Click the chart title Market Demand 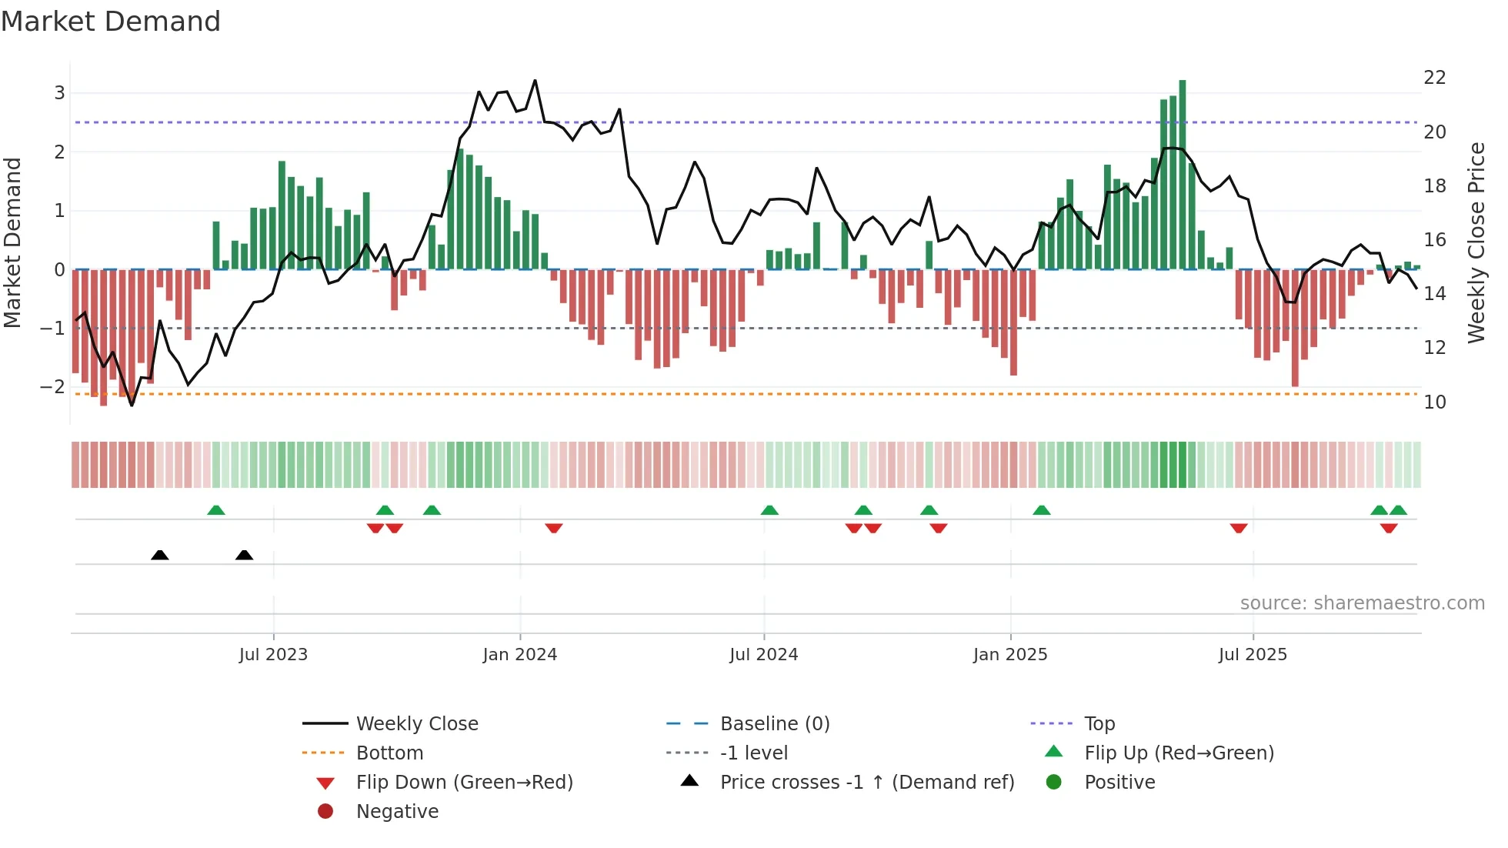click(111, 22)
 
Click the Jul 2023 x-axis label click(273, 655)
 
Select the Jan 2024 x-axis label click(519, 655)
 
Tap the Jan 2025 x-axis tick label click(1009, 655)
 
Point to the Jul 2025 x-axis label click(1253, 655)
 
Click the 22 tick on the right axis click(1434, 78)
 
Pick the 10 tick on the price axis click(1434, 402)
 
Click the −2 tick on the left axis click(52, 387)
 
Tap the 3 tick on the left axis click(59, 93)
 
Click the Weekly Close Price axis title click(1476, 242)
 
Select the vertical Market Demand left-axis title click(13, 242)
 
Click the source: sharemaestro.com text click(1362, 603)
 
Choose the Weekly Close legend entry click(416, 724)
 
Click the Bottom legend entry click(389, 753)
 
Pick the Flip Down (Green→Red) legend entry click(464, 783)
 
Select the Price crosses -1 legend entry click(866, 783)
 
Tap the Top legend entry click(1099, 724)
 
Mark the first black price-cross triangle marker click(160, 555)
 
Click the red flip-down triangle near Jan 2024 click(554, 528)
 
